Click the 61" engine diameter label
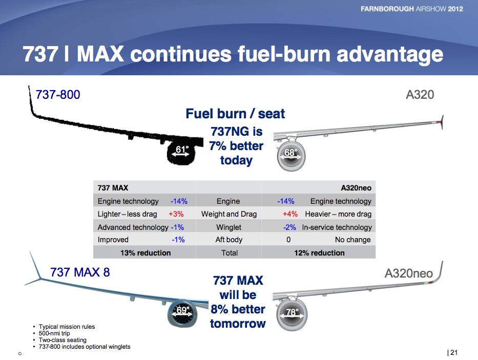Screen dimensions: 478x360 tap(182, 150)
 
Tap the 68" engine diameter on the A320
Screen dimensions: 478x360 tap(291, 152)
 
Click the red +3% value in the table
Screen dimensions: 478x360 tap(176, 214)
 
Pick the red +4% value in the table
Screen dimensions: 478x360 tap(290, 214)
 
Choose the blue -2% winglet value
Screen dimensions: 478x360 tap(289, 227)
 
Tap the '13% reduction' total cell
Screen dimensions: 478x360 tap(146, 252)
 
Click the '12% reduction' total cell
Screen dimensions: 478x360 tap(319, 252)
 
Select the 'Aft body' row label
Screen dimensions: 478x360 tap(229, 240)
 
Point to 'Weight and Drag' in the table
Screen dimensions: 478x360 tap(229, 214)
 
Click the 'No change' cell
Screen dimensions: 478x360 tap(352, 240)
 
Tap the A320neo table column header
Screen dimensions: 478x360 tap(356, 188)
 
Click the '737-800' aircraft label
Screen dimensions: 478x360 tap(58, 95)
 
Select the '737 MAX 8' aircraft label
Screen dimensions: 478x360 tap(80, 272)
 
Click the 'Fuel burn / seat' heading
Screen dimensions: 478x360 tap(235, 114)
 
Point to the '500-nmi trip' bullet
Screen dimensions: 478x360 tap(54, 333)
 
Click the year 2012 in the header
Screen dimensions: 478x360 tap(455, 9)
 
